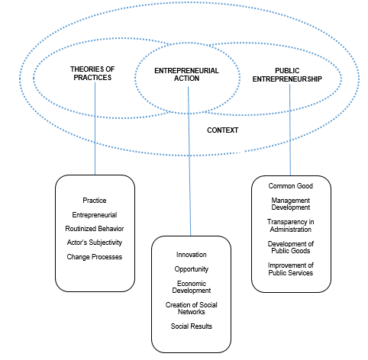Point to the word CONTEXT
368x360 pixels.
pyautogui.click(x=223, y=130)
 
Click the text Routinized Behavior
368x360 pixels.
pyautogui.click(x=94, y=229)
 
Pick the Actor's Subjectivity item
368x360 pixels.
pyautogui.click(x=94, y=243)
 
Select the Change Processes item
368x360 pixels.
pyautogui.click(x=94, y=256)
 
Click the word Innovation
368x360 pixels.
pyautogui.click(x=191, y=254)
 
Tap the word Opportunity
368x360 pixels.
pyautogui.click(x=191, y=270)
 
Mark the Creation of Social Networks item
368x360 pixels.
pyautogui.click(x=191, y=310)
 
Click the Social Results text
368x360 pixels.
pyautogui.click(x=191, y=326)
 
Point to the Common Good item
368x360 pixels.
pyautogui.click(x=290, y=186)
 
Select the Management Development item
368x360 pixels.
pyautogui.click(x=290, y=204)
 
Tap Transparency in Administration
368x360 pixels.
pyautogui.click(x=290, y=225)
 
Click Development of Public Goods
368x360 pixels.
pyautogui.click(x=290, y=247)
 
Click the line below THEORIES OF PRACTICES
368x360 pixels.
pyautogui.click(x=95, y=130)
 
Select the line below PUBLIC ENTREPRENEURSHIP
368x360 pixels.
pyautogui.click(x=290, y=130)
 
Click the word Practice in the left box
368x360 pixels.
pyautogui.click(x=94, y=201)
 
